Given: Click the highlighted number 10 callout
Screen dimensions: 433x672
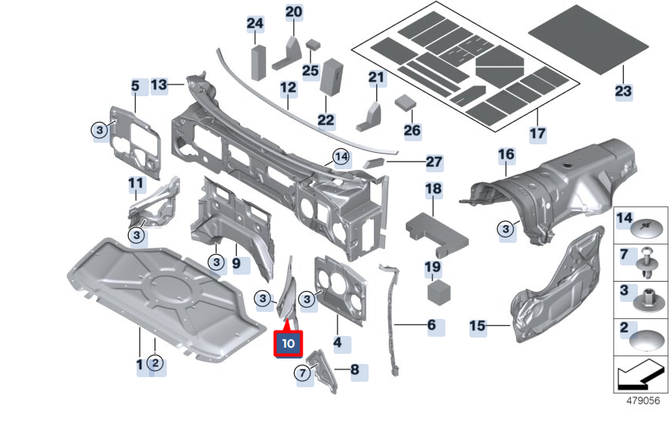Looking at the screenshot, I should click(x=287, y=342).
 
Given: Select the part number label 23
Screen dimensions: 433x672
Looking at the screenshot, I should click(x=623, y=91).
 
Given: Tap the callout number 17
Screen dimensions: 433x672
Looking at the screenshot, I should click(x=538, y=133).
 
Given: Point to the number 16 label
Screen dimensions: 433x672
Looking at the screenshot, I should click(x=506, y=155).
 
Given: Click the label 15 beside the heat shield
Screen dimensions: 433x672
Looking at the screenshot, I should click(x=478, y=326).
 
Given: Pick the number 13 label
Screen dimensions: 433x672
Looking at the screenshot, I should click(x=159, y=85).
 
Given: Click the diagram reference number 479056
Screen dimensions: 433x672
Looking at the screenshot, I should click(x=643, y=401).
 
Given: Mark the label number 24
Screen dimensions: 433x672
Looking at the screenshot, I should click(x=255, y=23).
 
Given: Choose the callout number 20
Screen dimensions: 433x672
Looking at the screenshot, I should click(x=294, y=12).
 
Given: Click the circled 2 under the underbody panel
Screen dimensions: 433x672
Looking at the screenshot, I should click(x=155, y=364).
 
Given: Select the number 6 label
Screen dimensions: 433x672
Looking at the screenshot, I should click(x=432, y=324).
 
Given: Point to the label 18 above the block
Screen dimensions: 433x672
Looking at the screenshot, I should click(x=433, y=189).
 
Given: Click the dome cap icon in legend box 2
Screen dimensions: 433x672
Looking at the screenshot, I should click(x=649, y=339).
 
